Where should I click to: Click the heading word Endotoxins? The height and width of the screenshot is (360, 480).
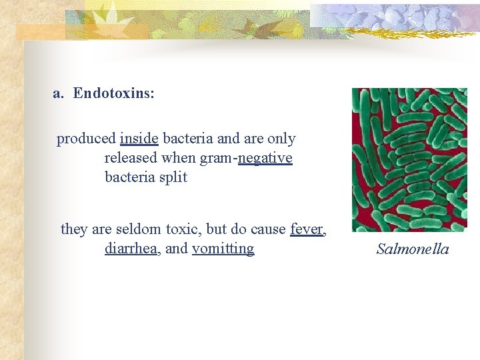(x=113, y=94)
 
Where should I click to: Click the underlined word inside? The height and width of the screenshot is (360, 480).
(x=139, y=139)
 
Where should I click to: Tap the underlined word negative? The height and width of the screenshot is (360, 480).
(x=265, y=159)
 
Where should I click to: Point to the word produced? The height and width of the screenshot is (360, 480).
(x=86, y=139)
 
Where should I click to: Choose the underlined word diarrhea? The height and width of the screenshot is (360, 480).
(x=130, y=249)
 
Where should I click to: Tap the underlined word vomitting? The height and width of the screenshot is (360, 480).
(x=223, y=249)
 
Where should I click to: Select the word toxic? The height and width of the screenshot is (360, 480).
(x=182, y=229)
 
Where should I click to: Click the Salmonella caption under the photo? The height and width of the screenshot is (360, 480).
(x=413, y=249)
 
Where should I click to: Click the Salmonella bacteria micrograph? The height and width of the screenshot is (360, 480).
(x=409, y=160)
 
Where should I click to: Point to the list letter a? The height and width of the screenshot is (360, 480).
(x=57, y=94)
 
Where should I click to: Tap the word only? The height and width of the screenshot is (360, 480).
(x=281, y=139)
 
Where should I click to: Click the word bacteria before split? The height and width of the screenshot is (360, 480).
(x=131, y=178)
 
